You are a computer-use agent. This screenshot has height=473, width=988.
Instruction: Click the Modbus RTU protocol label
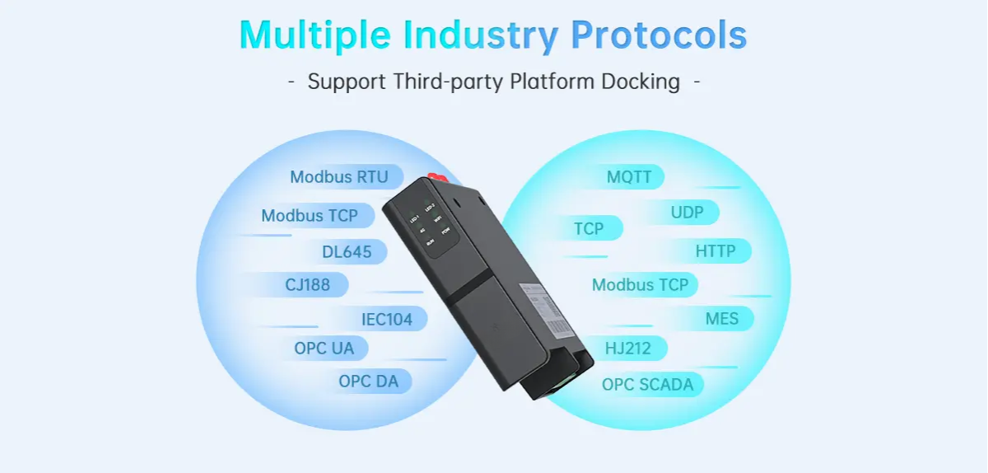click(x=338, y=177)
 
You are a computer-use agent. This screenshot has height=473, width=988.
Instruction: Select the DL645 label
click(x=347, y=252)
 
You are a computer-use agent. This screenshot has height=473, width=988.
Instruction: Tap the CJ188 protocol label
click(x=307, y=285)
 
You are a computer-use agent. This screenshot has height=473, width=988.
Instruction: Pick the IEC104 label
click(x=386, y=319)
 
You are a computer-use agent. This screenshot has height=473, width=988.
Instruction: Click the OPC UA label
click(x=324, y=349)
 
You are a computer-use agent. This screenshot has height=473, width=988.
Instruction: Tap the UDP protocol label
click(x=687, y=213)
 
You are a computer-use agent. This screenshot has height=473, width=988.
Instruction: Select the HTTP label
click(x=715, y=251)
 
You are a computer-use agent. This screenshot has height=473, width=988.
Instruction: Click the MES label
click(x=721, y=319)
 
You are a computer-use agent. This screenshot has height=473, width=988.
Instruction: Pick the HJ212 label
click(x=627, y=349)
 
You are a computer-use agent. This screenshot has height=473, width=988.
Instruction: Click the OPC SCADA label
click(x=647, y=385)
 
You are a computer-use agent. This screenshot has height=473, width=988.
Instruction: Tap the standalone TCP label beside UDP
click(x=588, y=228)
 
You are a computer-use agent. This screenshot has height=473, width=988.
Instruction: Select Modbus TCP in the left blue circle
click(x=310, y=216)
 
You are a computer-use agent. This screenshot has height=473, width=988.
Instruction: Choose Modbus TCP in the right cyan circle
click(x=640, y=285)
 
